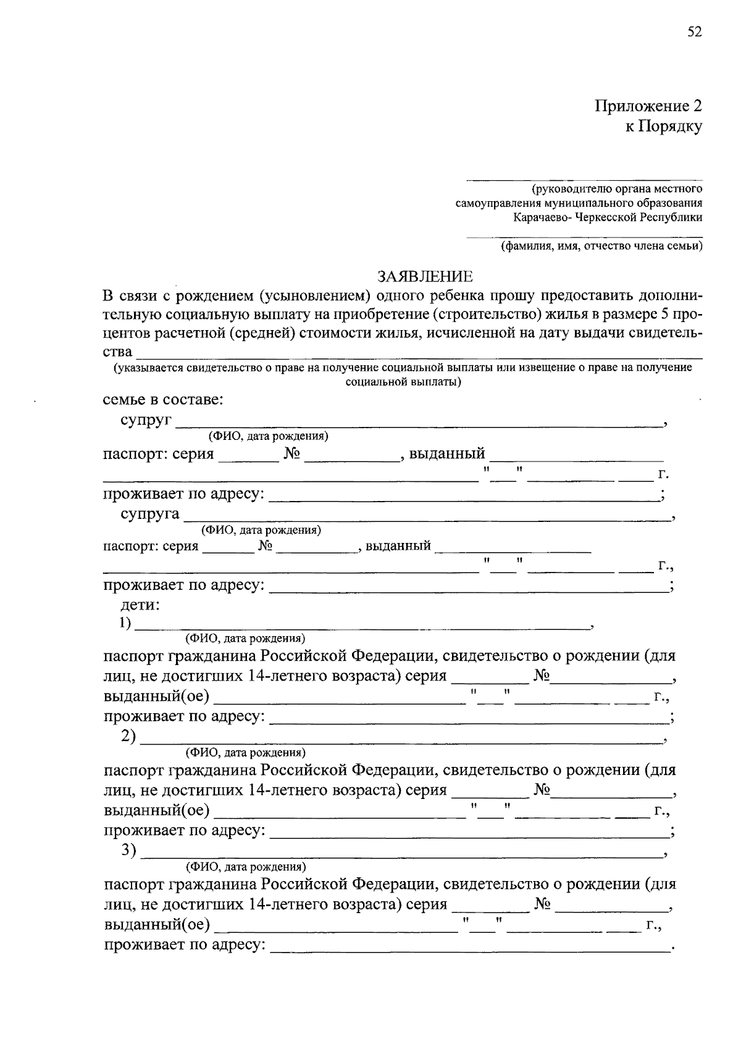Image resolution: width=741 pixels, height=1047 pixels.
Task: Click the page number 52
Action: click(694, 32)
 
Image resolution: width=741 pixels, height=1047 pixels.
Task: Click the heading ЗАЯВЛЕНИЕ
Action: click(425, 276)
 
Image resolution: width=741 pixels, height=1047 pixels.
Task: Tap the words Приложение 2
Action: click(648, 106)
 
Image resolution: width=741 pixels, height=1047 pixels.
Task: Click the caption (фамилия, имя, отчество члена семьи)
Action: click(601, 246)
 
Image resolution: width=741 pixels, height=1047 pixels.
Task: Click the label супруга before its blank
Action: click(150, 514)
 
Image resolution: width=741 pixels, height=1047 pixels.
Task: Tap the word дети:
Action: click(140, 605)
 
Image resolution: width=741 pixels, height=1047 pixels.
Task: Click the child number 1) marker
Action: click(126, 623)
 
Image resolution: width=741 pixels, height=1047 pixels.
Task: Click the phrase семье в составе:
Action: click(163, 399)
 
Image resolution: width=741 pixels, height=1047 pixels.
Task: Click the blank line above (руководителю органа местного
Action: click(584, 179)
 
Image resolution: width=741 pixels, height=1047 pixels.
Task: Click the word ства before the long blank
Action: click(117, 352)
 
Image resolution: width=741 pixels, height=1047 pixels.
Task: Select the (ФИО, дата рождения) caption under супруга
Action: click(261, 530)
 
